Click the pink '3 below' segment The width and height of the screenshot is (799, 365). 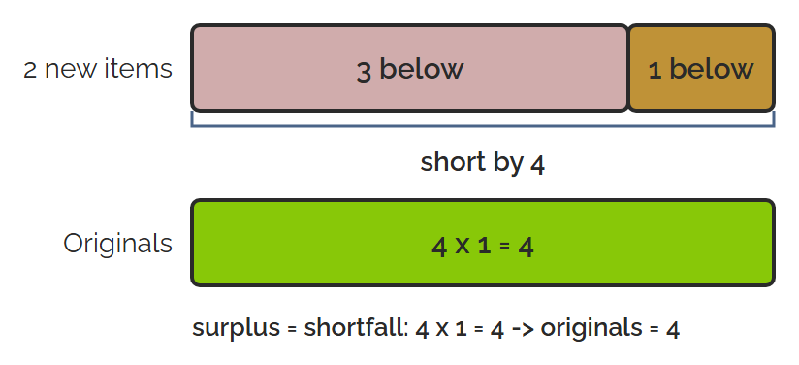pyautogui.click(x=410, y=68)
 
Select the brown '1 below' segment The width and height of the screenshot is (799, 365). pyautogui.click(x=702, y=68)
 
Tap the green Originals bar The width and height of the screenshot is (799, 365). pyautogui.click(x=483, y=243)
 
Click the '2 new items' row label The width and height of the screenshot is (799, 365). pyautogui.click(x=98, y=69)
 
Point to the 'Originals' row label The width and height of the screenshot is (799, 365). pyautogui.click(x=117, y=244)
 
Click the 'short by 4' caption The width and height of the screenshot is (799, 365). pyautogui.click(x=483, y=163)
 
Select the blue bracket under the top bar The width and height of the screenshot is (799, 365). pyautogui.click(x=483, y=125)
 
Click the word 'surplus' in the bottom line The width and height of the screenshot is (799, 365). pyautogui.click(x=236, y=329)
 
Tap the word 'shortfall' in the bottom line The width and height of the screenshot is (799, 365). pyautogui.click(x=356, y=328)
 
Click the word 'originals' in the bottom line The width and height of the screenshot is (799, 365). pyautogui.click(x=591, y=328)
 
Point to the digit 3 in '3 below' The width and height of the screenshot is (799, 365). pyautogui.click(x=364, y=71)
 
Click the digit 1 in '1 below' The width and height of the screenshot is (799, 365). pyautogui.click(x=655, y=70)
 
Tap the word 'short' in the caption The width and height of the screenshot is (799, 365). pyautogui.click(x=447, y=162)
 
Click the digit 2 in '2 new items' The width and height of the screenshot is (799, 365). pyautogui.click(x=30, y=70)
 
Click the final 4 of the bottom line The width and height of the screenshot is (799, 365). pyautogui.click(x=673, y=330)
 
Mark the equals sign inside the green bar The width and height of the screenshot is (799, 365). pyautogui.click(x=504, y=247)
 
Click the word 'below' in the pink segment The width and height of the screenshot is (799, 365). pyautogui.click(x=422, y=68)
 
